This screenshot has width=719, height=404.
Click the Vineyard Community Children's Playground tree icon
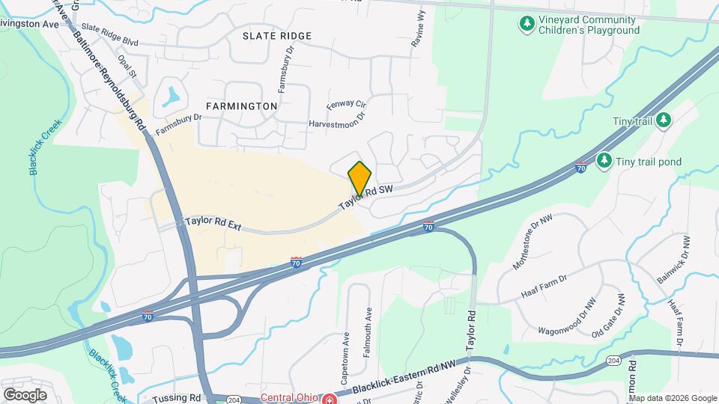point(527,25)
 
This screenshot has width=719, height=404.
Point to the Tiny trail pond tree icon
point(604,161)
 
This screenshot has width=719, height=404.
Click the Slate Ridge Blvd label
point(111,37)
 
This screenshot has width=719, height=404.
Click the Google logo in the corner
point(25,394)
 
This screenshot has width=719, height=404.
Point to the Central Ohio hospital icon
point(327,398)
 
